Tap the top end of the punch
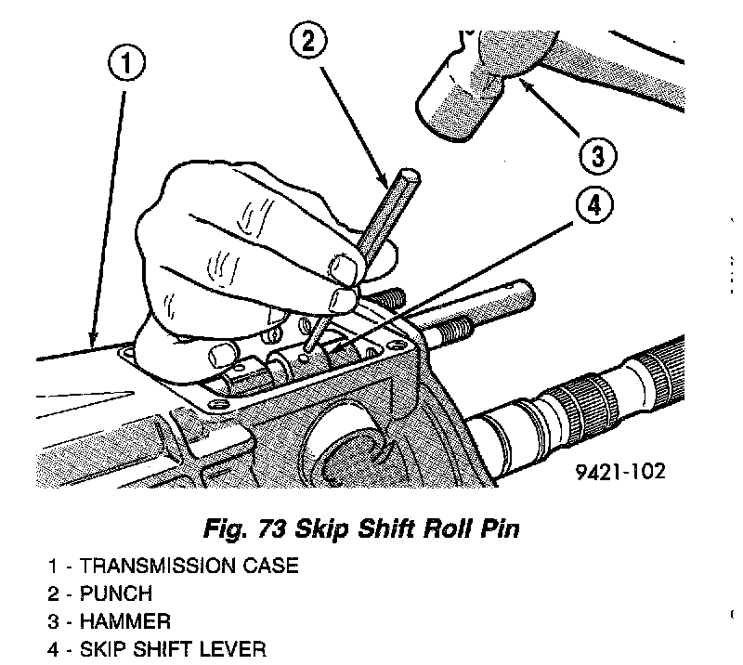click(x=410, y=176)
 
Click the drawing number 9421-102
click(x=619, y=471)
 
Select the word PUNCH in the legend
click(x=114, y=593)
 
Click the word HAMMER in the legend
click(x=120, y=620)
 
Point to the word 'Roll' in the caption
click(x=434, y=530)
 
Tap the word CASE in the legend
click(x=274, y=566)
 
